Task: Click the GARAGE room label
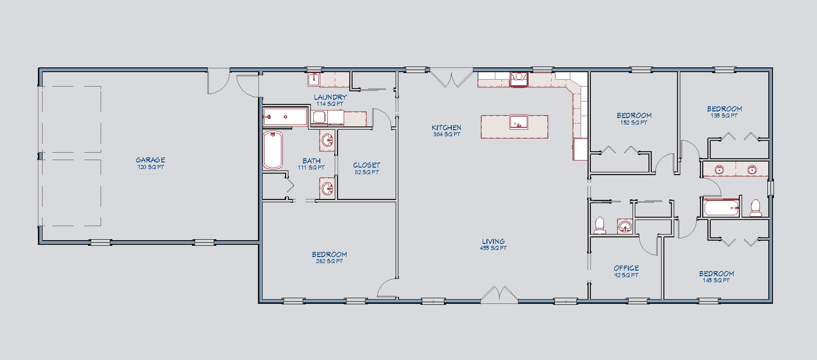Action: [150, 160]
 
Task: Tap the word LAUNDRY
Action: [331, 97]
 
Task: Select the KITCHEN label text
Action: [447, 128]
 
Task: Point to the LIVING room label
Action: [493, 241]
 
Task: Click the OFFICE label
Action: [626, 268]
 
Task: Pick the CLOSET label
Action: [366, 166]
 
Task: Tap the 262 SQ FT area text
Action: [329, 261]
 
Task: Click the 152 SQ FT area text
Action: [634, 122]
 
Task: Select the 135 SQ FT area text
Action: [724, 116]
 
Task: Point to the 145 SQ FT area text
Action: [716, 280]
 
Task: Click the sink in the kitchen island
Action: [518, 122]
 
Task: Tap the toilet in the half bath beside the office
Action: [599, 225]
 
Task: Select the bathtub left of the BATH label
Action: [273, 150]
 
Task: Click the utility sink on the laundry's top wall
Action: [314, 79]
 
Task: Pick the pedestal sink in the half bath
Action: [624, 227]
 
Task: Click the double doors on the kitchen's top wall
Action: [451, 78]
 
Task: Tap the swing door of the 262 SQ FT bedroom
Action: [386, 288]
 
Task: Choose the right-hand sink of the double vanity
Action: [752, 170]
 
